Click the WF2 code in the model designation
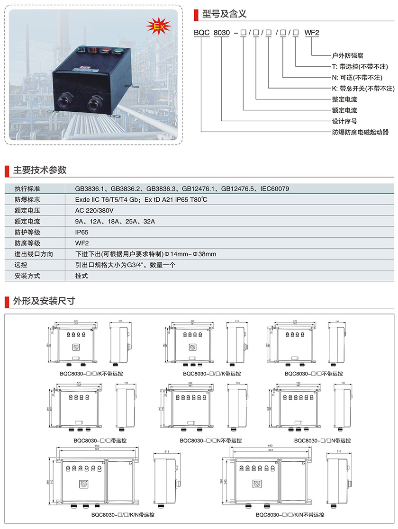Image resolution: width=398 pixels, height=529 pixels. pyautogui.click(x=312, y=34)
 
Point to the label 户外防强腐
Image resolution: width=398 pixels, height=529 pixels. pyautogui.click(x=347, y=55)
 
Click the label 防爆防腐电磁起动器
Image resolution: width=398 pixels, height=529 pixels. pyautogui.click(x=360, y=132)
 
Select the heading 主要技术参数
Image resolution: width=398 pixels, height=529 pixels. pyautogui.click(x=40, y=170)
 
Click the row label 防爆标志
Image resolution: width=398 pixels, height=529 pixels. pyautogui.click(x=27, y=200)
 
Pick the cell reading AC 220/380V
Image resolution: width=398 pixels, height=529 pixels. pyautogui.click(x=95, y=211)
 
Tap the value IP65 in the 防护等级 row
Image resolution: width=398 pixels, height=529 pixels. pyautogui.click(x=82, y=233)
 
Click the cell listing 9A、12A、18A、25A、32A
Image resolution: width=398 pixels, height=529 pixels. pyautogui.click(x=115, y=222)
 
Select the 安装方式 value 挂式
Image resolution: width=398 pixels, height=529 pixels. pyautogui.click(x=81, y=276)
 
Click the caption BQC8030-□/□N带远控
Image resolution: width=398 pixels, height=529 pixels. pyautogui.click(x=323, y=440)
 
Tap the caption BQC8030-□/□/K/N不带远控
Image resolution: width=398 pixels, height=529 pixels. pyautogui.click(x=290, y=514)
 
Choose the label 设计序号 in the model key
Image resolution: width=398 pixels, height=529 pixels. pyautogui.click(x=344, y=121)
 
